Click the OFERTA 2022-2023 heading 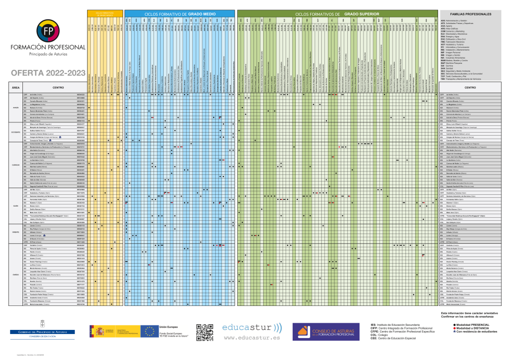click(x=44, y=72)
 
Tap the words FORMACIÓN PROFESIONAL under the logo click(x=44, y=47)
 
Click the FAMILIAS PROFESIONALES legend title click(x=470, y=14)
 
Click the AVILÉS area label click(x=16, y=108)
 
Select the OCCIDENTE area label click(x=16, y=132)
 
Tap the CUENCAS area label click(x=16, y=165)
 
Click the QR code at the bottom click(x=205, y=331)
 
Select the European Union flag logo click(x=150, y=331)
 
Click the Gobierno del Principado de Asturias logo click(x=43, y=333)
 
